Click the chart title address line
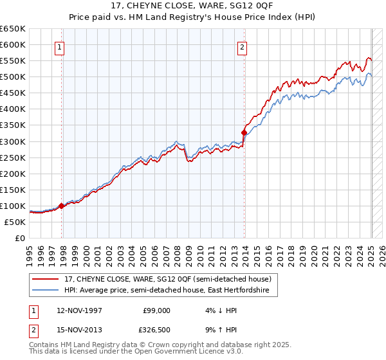coord(193,6)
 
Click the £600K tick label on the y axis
coord(13,44)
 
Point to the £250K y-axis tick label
coord(13,157)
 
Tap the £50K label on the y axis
coord(15,222)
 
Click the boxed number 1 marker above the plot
coord(59,46)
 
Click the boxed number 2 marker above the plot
coord(242,46)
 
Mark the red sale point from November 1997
coord(62,206)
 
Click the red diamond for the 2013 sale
coord(244,132)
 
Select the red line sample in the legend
coord(46,279)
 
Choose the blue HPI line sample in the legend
coord(46,291)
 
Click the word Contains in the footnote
coord(44,346)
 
